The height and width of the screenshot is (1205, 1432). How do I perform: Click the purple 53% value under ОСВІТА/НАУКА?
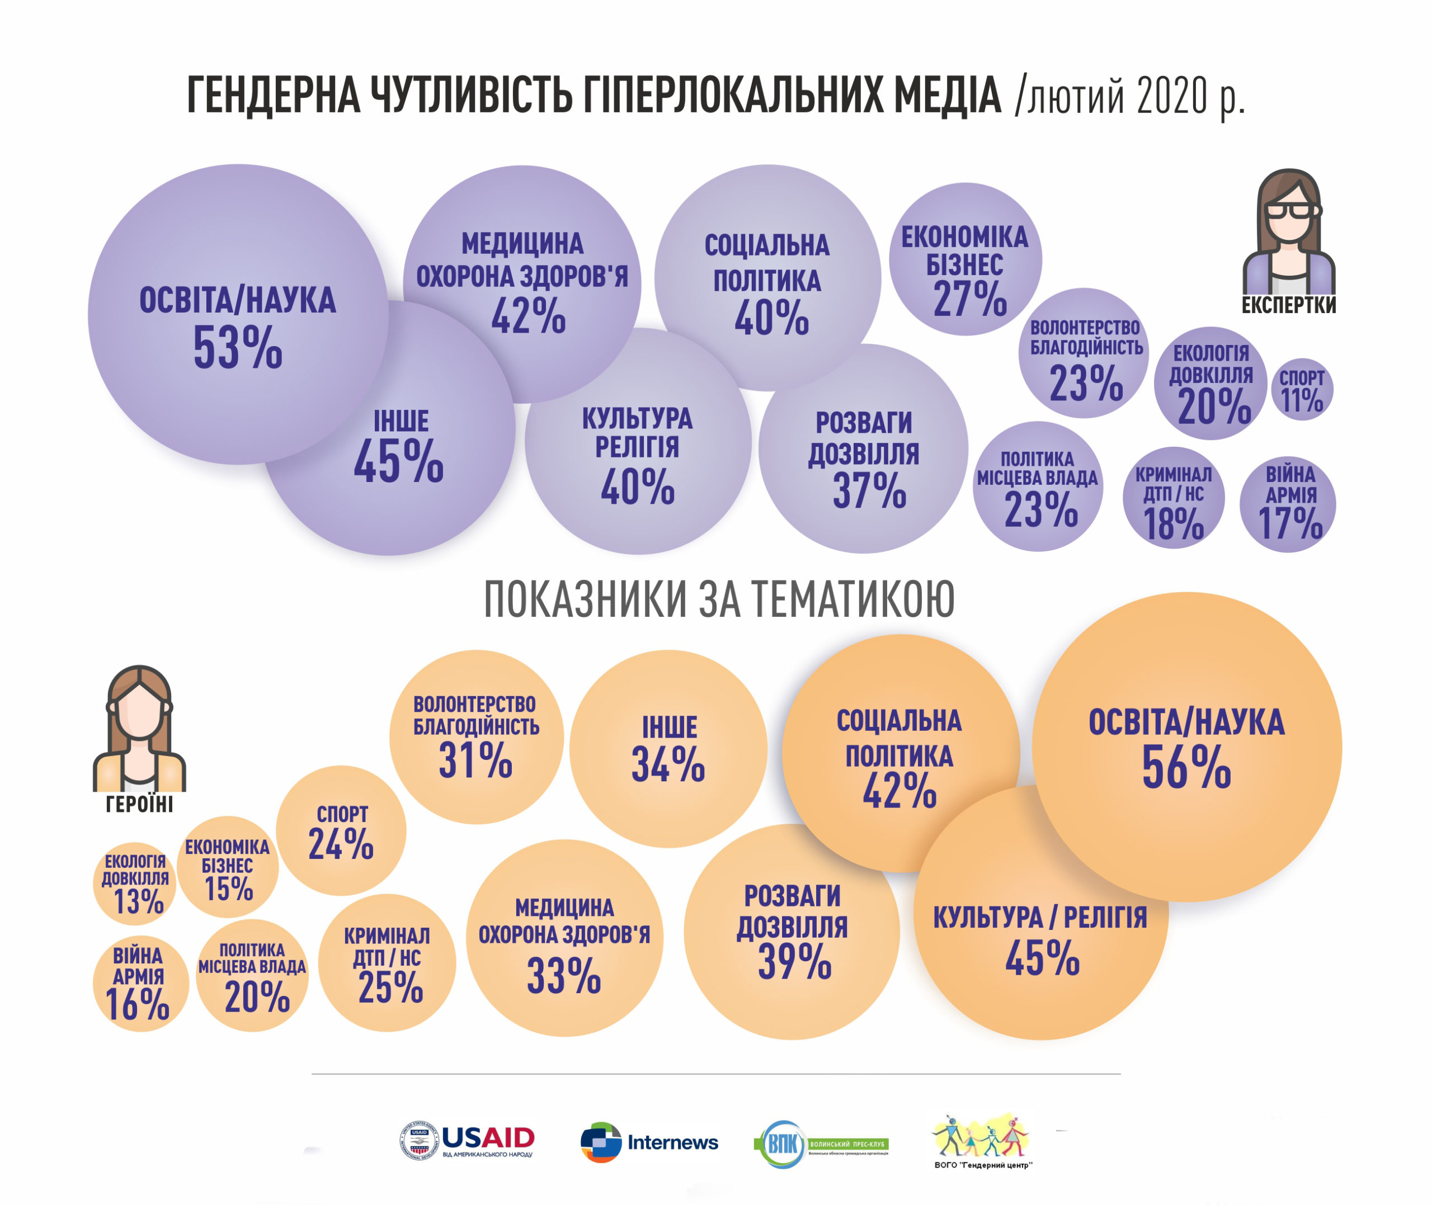click(238, 348)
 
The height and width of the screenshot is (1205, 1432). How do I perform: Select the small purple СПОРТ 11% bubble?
click(1302, 389)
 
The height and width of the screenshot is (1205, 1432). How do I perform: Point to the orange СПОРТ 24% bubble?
click(341, 831)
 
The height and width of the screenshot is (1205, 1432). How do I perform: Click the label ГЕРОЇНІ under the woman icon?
click(139, 805)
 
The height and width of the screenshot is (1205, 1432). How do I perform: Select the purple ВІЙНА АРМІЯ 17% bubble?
click(1288, 504)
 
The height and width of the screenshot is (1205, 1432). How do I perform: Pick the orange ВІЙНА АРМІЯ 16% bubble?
click(140, 983)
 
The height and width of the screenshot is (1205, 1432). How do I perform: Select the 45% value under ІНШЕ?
click(398, 462)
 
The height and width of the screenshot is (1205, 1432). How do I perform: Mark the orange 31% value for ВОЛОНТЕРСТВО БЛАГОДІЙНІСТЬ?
click(475, 760)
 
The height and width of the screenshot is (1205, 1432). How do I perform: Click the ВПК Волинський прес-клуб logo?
click(821, 1143)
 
